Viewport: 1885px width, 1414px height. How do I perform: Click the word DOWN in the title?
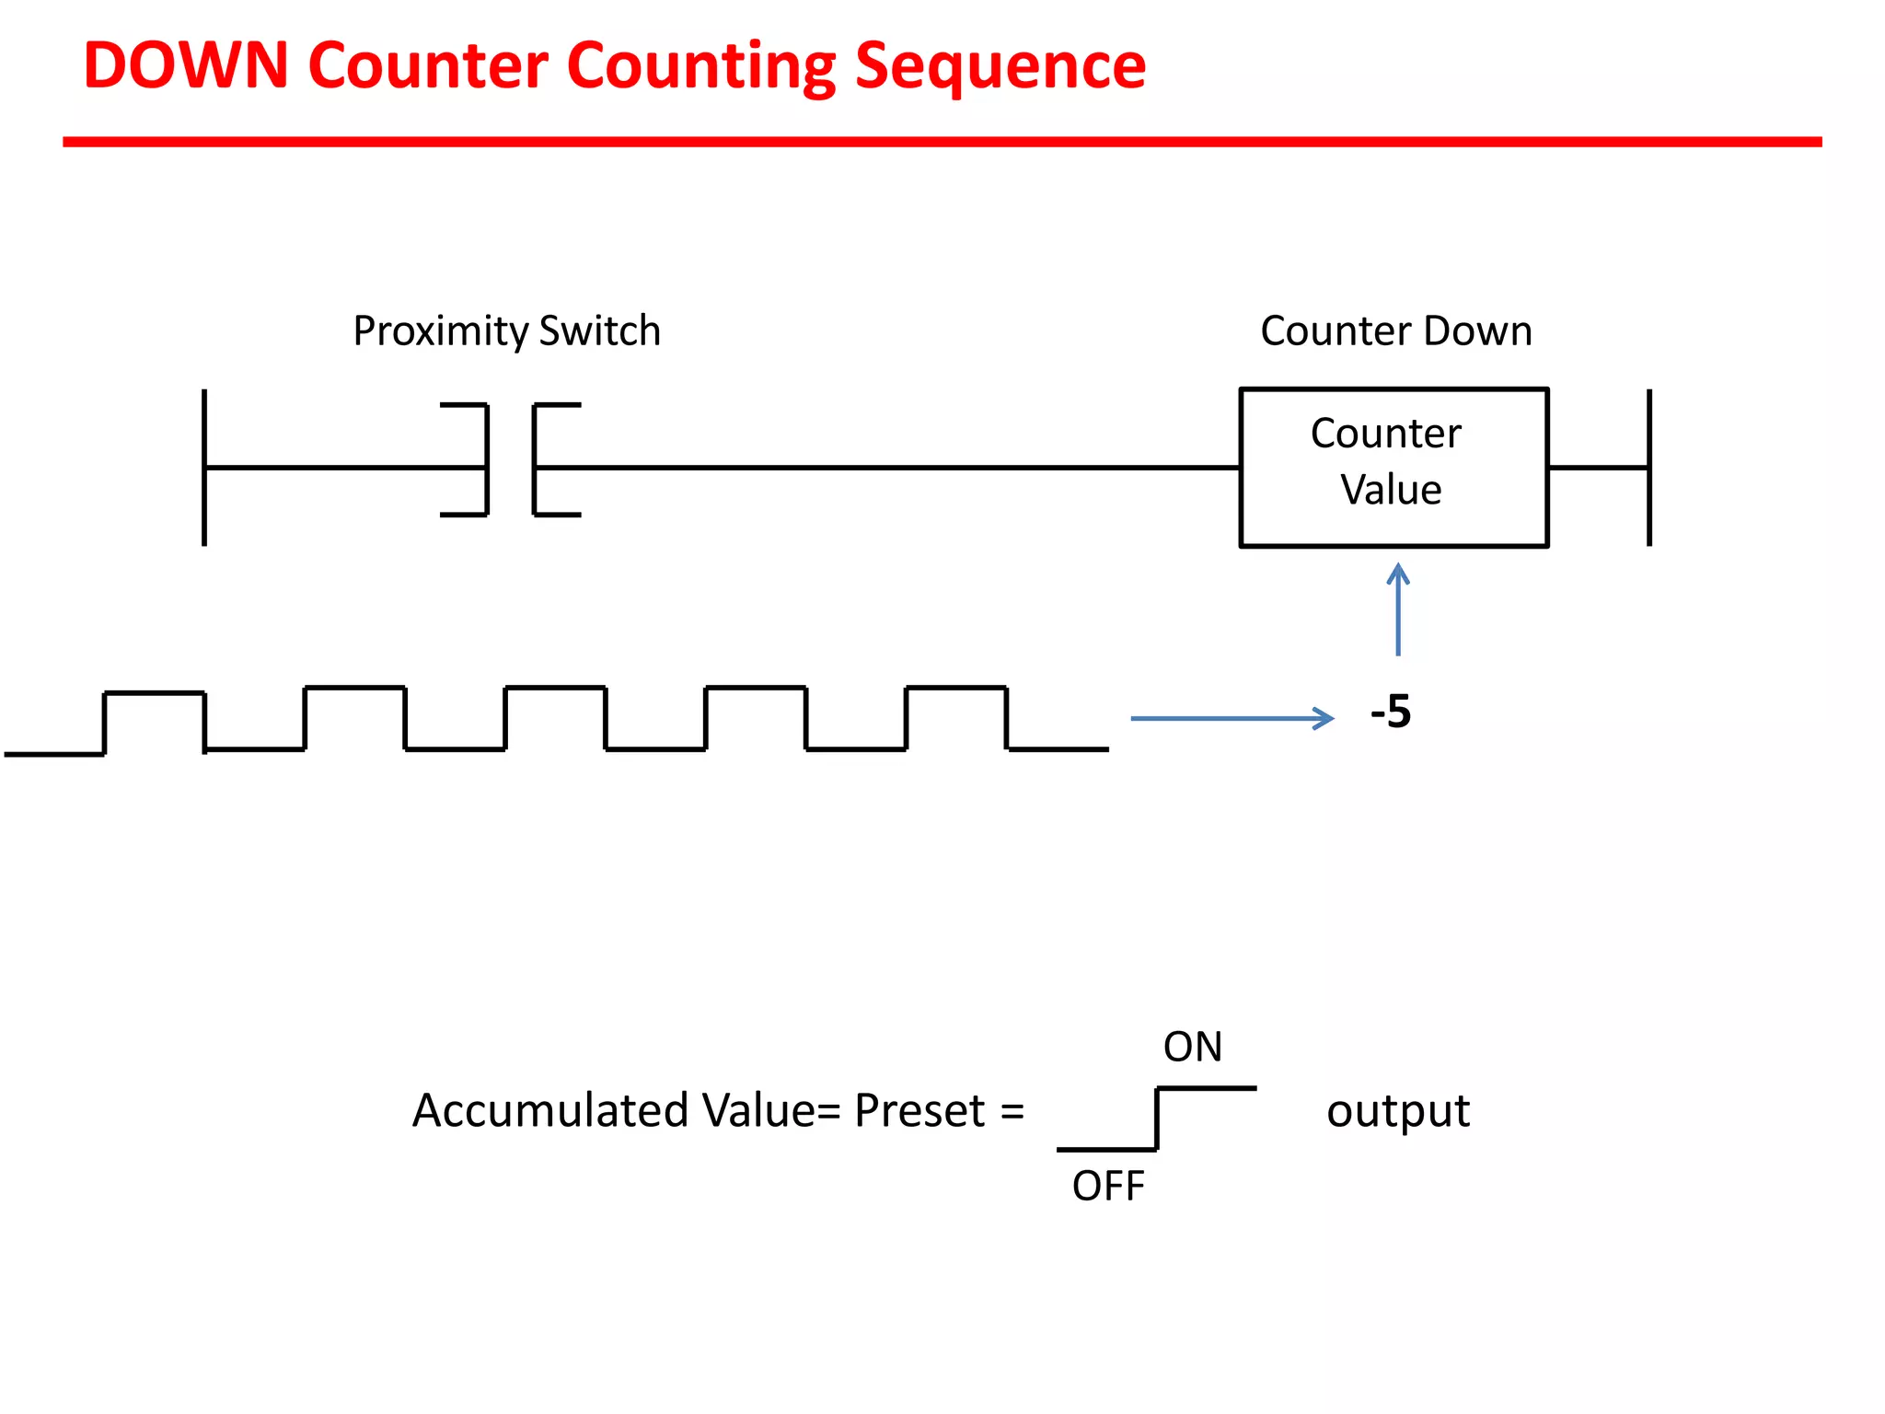186,66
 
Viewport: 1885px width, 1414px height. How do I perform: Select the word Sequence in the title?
1000,66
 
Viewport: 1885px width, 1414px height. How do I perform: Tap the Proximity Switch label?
507,331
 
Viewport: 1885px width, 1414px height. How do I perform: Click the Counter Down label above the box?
1395,331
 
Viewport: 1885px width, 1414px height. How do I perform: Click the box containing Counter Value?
1394,468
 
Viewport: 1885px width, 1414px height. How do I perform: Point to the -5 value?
1390,713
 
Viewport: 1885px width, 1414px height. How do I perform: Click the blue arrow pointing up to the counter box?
1398,609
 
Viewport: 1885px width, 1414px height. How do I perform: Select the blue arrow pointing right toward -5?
1232,718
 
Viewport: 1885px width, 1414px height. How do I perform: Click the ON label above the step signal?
1193,1048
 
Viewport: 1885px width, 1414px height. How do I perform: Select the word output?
1397,1111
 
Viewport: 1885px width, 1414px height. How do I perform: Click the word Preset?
919,1111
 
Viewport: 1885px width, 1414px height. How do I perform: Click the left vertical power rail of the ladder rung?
204,468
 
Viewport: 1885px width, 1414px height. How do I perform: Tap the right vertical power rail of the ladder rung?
1649,468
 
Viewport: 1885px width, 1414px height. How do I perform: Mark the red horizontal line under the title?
942,142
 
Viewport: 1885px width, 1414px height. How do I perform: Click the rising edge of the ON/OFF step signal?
1157,1119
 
